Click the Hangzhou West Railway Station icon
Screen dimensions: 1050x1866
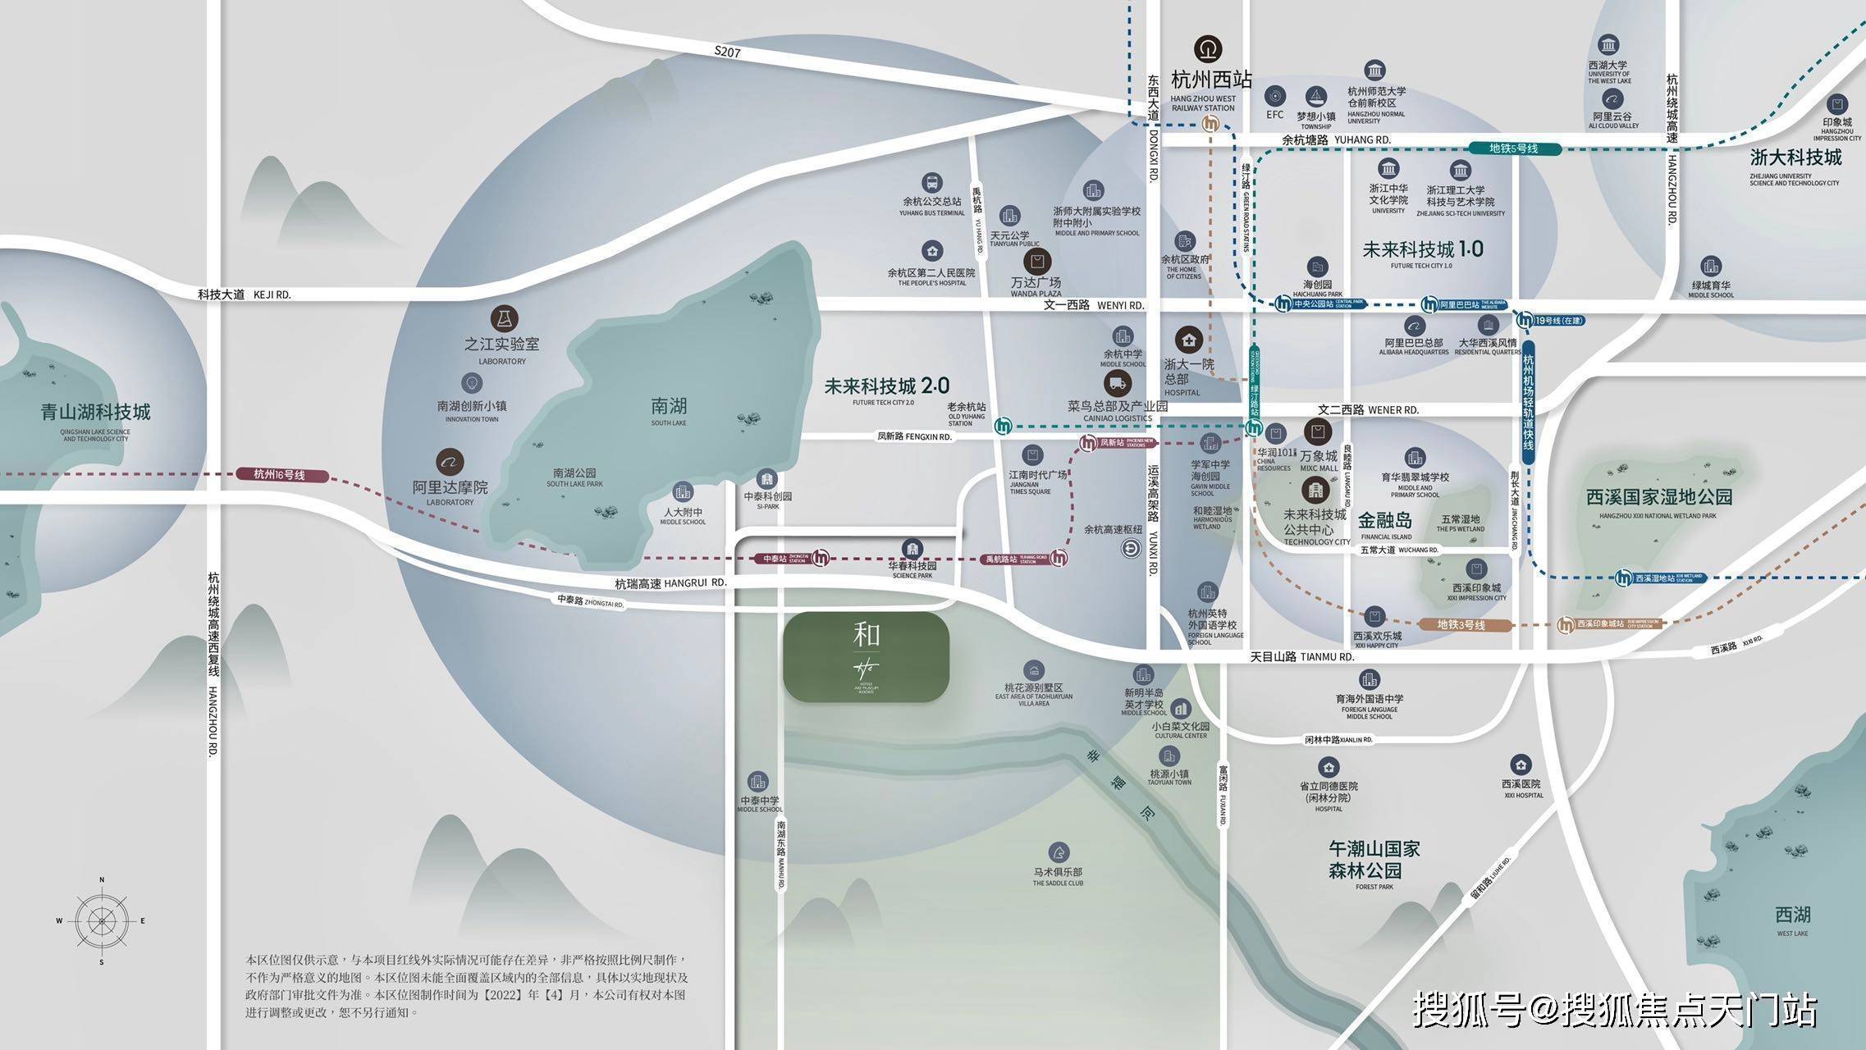(1208, 49)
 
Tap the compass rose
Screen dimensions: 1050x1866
(102, 920)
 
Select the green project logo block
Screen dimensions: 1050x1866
(866, 656)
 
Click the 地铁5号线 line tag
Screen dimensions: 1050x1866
(1513, 148)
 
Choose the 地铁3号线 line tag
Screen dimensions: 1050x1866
(1465, 625)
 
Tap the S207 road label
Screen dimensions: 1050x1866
(727, 52)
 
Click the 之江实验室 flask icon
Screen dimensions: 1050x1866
(504, 318)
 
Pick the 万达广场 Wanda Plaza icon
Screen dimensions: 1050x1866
(1037, 262)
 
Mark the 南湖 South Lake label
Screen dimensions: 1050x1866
(669, 407)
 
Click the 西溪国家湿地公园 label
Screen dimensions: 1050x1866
(1658, 496)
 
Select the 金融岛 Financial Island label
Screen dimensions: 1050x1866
(1385, 521)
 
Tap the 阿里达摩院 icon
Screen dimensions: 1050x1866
(450, 462)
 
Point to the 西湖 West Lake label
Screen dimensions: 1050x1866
(1792, 915)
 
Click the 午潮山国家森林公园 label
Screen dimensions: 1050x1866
(1374, 859)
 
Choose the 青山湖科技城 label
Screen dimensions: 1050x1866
(95, 412)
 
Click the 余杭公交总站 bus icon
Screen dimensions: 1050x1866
(931, 182)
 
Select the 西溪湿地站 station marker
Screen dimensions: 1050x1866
(1623, 577)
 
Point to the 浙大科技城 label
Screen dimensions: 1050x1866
(1795, 157)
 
